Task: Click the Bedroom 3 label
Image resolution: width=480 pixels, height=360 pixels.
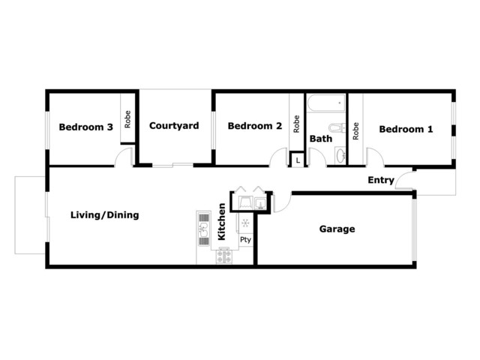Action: [x=85, y=127]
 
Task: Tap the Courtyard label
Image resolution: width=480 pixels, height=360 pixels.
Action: [x=174, y=126]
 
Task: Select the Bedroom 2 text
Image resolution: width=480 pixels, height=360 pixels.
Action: [x=255, y=126]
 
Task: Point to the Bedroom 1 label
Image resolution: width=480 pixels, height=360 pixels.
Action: [x=406, y=129]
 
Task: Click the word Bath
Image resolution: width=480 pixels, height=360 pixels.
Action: [x=321, y=139]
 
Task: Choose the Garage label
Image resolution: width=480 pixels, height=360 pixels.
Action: [x=337, y=229]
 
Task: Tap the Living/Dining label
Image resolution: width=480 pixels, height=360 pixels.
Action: [x=105, y=215]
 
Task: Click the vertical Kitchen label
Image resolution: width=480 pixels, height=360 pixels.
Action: [x=222, y=222]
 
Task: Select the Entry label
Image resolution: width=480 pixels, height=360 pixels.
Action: [x=381, y=180]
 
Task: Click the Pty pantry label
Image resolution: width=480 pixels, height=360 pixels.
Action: [x=245, y=240]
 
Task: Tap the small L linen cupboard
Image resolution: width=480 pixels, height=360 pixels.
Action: [x=298, y=160]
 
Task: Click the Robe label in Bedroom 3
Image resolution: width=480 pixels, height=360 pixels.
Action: [x=127, y=119]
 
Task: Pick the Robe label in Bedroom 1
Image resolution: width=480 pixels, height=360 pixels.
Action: [x=355, y=131]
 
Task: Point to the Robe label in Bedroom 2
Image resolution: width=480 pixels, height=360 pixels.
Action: [x=296, y=124]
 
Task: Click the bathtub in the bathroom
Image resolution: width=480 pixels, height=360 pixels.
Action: [x=326, y=103]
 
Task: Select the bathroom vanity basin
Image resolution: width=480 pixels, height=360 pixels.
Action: [x=340, y=156]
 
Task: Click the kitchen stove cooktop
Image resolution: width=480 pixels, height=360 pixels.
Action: [x=223, y=256]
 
